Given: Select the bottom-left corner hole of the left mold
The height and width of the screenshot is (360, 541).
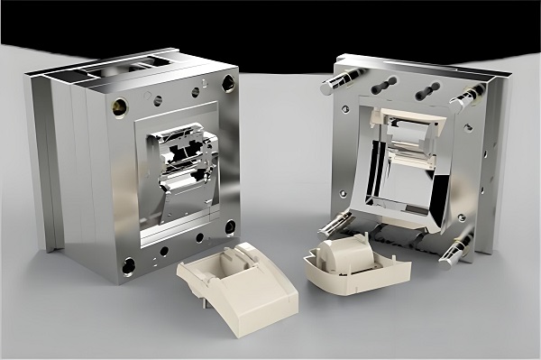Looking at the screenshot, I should [129, 265].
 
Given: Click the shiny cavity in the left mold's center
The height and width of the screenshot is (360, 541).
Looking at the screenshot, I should [185, 162].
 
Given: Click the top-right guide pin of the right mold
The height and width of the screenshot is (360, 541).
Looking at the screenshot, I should [465, 97].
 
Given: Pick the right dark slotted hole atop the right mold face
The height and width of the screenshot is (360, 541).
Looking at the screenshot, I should [428, 90].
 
